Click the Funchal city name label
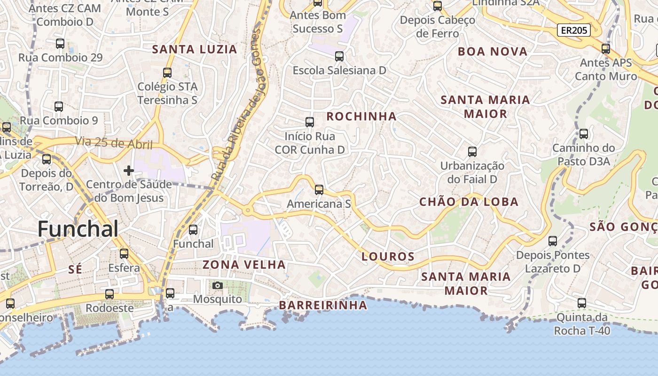(x=78, y=229)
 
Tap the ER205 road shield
(x=573, y=31)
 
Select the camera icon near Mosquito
(x=217, y=285)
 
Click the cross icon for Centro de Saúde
(x=128, y=171)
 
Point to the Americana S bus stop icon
(x=319, y=190)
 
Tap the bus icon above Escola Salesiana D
(x=339, y=56)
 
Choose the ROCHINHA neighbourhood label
(x=361, y=117)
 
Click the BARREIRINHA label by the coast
(x=323, y=305)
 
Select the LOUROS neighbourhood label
(x=388, y=257)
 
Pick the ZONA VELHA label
(x=244, y=265)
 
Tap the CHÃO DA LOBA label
(x=469, y=202)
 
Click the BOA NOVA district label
(x=493, y=52)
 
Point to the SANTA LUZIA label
(x=195, y=49)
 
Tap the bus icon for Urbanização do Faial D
(x=472, y=152)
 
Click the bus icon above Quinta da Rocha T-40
(x=582, y=303)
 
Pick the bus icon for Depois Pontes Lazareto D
(x=553, y=241)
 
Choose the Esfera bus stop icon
(x=124, y=254)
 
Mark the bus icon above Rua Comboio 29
(x=60, y=44)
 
